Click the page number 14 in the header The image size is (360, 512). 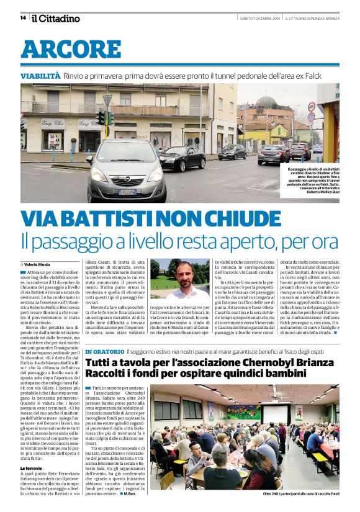pyautogui.click(x=23, y=18)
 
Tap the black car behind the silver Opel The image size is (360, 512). pyautogui.click(x=182, y=159)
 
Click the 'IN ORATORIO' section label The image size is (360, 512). pyautogui.click(x=107, y=351)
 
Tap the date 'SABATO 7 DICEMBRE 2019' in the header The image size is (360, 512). pyautogui.click(x=259, y=18)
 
